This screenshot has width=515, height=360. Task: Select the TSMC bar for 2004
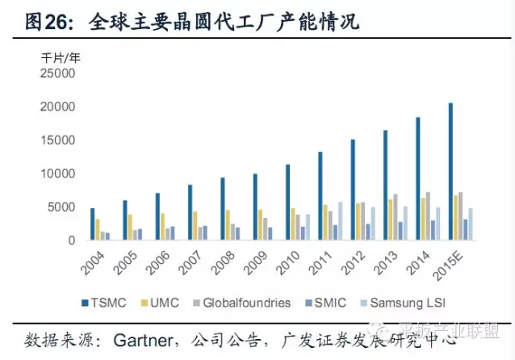93,224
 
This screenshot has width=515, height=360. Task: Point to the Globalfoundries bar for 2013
396,217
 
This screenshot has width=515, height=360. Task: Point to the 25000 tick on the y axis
57,73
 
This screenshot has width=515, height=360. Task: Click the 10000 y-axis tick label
57,174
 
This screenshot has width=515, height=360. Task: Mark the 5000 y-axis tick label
61,207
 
